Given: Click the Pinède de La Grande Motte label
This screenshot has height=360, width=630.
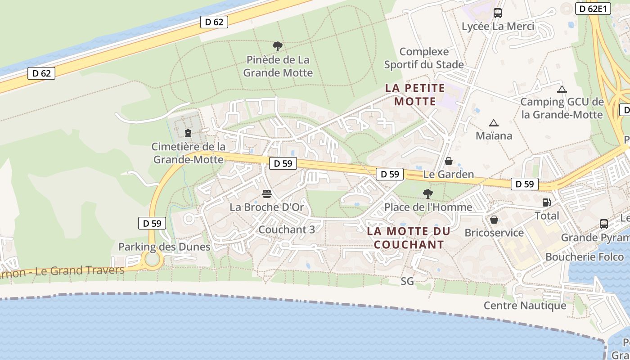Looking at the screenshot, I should coord(278,66).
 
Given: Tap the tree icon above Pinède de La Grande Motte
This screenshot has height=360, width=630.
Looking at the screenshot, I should coord(278,45).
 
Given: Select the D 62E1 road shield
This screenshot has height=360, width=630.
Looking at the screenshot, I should coord(593,9).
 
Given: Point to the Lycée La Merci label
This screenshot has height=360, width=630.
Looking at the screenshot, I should coord(498,27).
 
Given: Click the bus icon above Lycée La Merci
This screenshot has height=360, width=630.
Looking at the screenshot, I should coord(497,13).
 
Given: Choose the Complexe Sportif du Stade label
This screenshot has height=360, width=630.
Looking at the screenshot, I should coord(423,58).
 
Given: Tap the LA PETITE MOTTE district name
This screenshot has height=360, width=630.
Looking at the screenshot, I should coord(415,94).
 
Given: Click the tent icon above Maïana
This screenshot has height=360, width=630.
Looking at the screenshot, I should coord(494,123).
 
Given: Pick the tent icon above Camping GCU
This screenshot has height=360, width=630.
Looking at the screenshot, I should coord(562,89).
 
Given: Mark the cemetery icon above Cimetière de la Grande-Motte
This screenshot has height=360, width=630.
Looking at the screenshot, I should coord(188,133).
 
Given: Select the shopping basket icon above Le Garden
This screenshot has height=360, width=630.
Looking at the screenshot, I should coord(448,161).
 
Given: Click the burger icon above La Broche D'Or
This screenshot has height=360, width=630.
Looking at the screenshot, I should coord(267,194).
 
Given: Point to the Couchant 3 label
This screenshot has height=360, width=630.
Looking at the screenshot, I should coord(287,229).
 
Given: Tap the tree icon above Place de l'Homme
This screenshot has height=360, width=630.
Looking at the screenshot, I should coord(427,194).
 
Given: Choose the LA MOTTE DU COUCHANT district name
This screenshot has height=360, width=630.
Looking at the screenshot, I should coord(409,238).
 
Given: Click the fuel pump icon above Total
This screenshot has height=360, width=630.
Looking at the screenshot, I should coord(546,202).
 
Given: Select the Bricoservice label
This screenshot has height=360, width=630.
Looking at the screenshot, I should coord(494,233).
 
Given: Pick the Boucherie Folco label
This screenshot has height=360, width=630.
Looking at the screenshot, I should coord(585,257).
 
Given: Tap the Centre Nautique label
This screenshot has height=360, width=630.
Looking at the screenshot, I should coord(525,306).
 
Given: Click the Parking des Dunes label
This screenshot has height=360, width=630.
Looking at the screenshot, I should coord(164,247).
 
